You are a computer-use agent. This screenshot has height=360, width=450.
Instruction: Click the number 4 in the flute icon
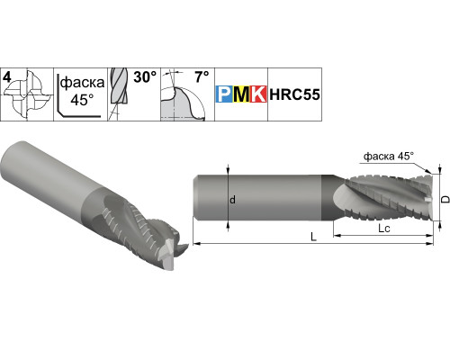6,77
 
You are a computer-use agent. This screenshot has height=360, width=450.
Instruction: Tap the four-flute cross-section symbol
28,94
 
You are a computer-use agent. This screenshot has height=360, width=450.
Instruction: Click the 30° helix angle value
145,77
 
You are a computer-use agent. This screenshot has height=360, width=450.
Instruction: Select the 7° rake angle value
202,76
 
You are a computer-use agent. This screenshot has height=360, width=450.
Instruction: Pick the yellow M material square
241,94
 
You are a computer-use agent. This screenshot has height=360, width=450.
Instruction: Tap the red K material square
258,94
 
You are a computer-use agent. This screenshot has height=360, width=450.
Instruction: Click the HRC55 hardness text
294,94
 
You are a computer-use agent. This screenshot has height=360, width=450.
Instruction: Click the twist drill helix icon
119,90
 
